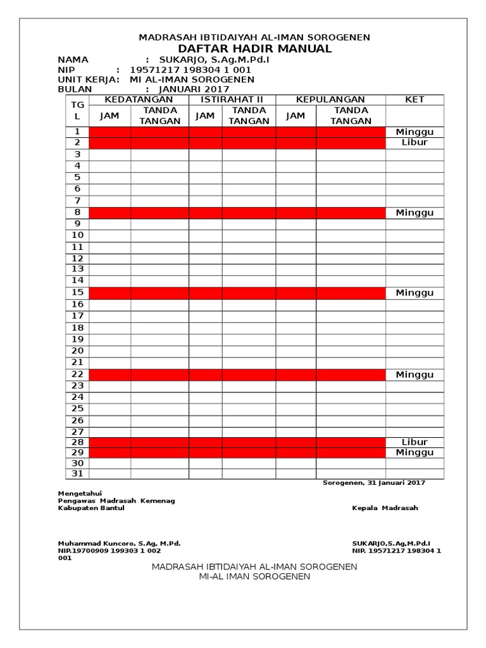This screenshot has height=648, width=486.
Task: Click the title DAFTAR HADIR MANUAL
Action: click(x=254, y=49)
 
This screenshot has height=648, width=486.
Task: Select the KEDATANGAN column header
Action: click(x=139, y=99)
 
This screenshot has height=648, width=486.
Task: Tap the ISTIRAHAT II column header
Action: click(x=232, y=99)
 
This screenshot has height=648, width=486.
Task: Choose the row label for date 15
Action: click(x=77, y=293)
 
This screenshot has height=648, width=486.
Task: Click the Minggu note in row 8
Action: click(x=414, y=213)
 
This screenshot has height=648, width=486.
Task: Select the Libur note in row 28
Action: click(x=414, y=442)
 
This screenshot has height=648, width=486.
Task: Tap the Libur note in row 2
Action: click(x=414, y=142)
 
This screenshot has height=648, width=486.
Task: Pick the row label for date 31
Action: click(x=77, y=473)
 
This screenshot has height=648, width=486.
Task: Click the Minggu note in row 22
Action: click(x=414, y=375)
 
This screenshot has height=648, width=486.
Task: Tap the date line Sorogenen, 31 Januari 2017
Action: click(x=373, y=483)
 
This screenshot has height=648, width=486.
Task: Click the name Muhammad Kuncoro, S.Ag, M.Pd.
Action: click(x=120, y=543)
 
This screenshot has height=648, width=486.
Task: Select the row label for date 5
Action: click(x=77, y=177)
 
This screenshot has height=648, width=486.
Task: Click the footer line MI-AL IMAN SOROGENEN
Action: click(x=254, y=576)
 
